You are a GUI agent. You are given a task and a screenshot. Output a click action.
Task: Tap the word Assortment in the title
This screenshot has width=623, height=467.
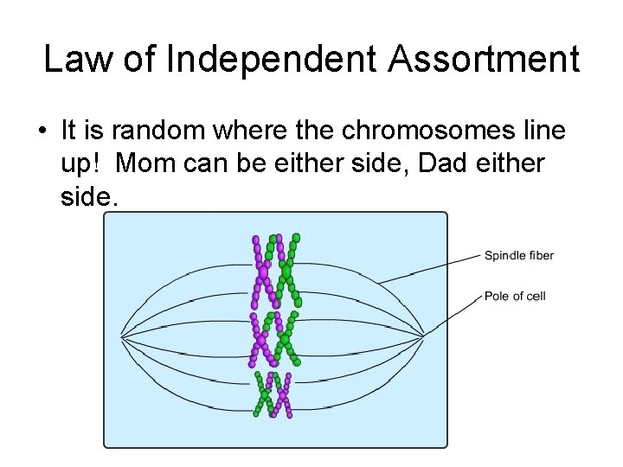(x=485, y=60)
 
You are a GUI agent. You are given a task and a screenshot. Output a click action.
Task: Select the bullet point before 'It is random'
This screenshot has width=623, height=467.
(x=42, y=132)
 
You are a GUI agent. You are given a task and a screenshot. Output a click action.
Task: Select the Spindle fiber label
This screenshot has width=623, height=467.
(x=518, y=255)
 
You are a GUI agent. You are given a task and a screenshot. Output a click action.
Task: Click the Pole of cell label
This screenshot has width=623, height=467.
(x=515, y=296)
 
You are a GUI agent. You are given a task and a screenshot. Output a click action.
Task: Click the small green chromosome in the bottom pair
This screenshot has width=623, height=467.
(x=265, y=393)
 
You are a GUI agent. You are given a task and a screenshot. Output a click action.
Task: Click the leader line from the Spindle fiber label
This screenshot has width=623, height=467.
(x=433, y=268)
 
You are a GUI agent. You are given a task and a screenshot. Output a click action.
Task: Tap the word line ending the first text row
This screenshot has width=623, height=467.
(x=543, y=131)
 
